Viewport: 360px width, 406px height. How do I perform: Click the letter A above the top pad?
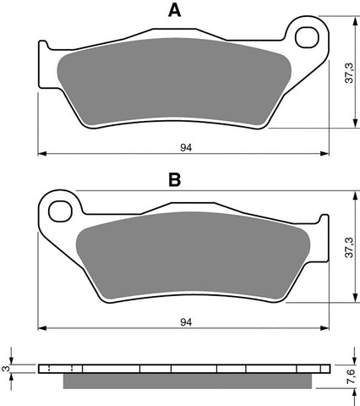pyautogui.click(x=174, y=11)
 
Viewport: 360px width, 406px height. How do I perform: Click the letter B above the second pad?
pyautogui.click(x=175, y=180)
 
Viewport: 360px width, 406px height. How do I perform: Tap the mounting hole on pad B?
pyautogui.click(x=59, y=207)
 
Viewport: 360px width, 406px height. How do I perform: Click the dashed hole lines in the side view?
pyautogui.click(x=63, y=369)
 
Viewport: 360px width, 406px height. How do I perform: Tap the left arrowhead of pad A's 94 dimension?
pyautogui.click(x=43, y=153)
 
